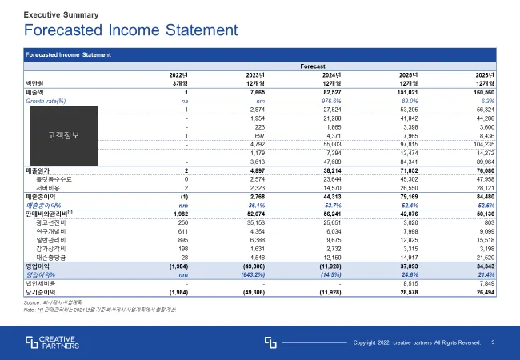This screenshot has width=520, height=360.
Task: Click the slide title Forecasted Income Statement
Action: (x=131, y=31)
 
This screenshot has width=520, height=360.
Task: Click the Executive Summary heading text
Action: (x=62, y=14)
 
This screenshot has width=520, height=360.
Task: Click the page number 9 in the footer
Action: (x=493, y=342)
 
